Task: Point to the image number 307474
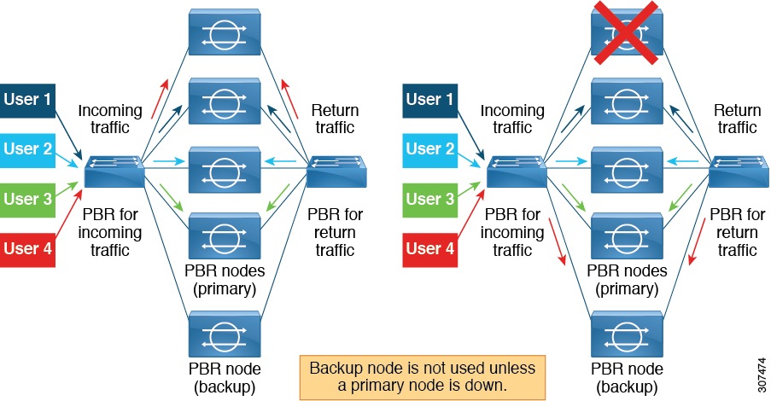click(759, 369)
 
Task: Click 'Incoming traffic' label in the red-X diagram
click(512, 119)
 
